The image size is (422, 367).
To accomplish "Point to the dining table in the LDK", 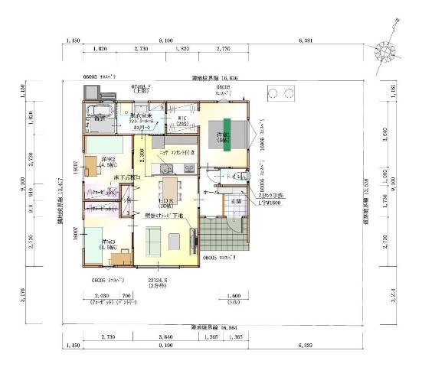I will point(170,192).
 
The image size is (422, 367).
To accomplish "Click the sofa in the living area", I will point(152,242).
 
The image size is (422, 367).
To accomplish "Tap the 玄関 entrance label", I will point(237,200).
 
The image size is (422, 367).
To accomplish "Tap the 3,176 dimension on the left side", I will point(22,291).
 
